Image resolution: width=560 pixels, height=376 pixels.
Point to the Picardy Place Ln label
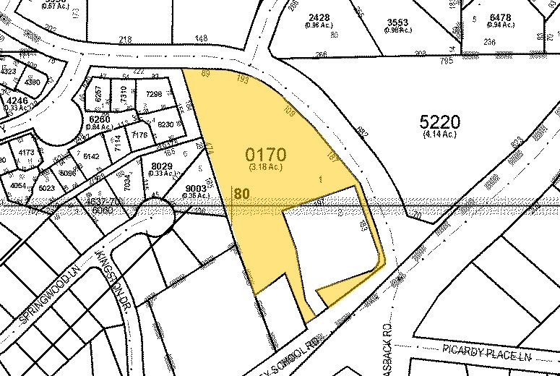click(x=481, y=356)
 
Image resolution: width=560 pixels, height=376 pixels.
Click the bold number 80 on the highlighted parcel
click(x=241, y=194)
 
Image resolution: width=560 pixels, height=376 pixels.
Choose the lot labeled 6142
click(x=92, y=155)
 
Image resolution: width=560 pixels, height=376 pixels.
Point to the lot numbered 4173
click(x=27, y=153)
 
